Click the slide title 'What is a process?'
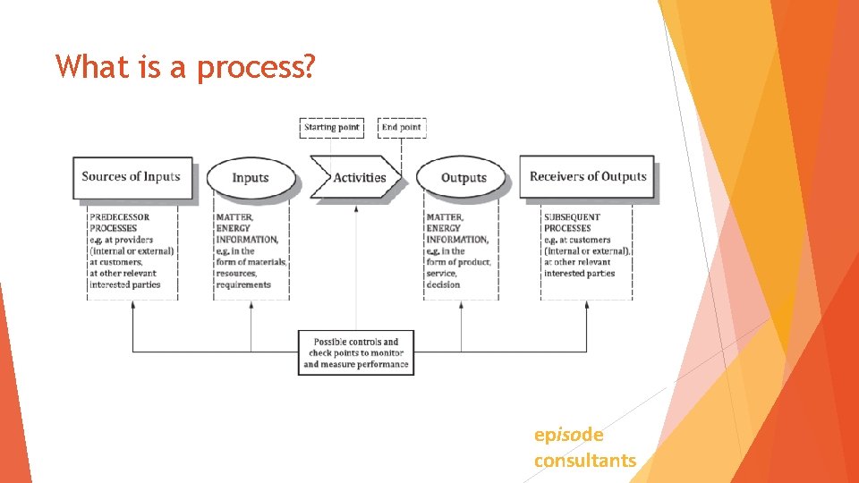pos(184,66)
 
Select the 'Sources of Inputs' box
pos(131,177)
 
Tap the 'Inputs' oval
pos(251,178)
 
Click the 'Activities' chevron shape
pos(358,178)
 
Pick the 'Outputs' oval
pos(463,178)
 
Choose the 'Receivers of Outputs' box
pos(587,177)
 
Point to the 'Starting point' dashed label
pos(331,127)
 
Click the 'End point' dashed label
pos(402,127)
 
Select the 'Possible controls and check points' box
pos(356,353)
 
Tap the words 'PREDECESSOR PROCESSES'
pos(120,223)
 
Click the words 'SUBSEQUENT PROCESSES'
pos(573,223)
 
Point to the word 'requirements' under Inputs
pos(242,284)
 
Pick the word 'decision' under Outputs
pos(443,284)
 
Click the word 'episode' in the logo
pos(568,435)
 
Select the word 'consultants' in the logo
pos(585,461)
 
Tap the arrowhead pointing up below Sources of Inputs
pos(132,306)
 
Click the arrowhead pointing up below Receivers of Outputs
pos(587,306)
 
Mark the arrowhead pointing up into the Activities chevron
pos(356,208)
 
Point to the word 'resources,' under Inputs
pos(237,274)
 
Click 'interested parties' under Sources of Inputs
pos(125,284)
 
